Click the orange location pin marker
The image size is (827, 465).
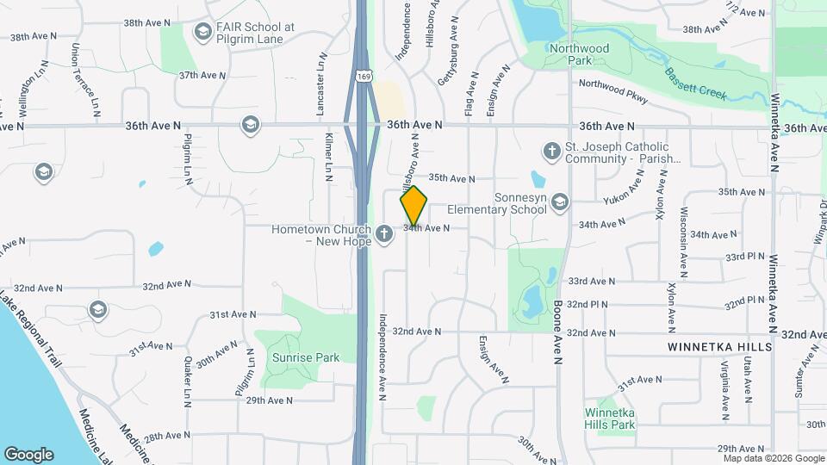(413, 206)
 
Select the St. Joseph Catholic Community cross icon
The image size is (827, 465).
(551, 152)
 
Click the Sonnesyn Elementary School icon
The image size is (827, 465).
(559, 201)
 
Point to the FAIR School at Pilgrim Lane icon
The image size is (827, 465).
(202, 33)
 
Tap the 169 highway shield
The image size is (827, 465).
(364, 77)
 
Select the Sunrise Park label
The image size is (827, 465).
(306, 357)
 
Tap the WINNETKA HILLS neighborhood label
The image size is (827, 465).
(720, 346)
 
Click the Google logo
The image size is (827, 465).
(28, 454)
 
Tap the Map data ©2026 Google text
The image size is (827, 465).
(774, 459)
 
